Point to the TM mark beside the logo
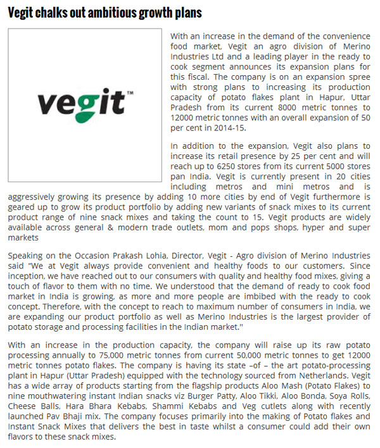(130, 94)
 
